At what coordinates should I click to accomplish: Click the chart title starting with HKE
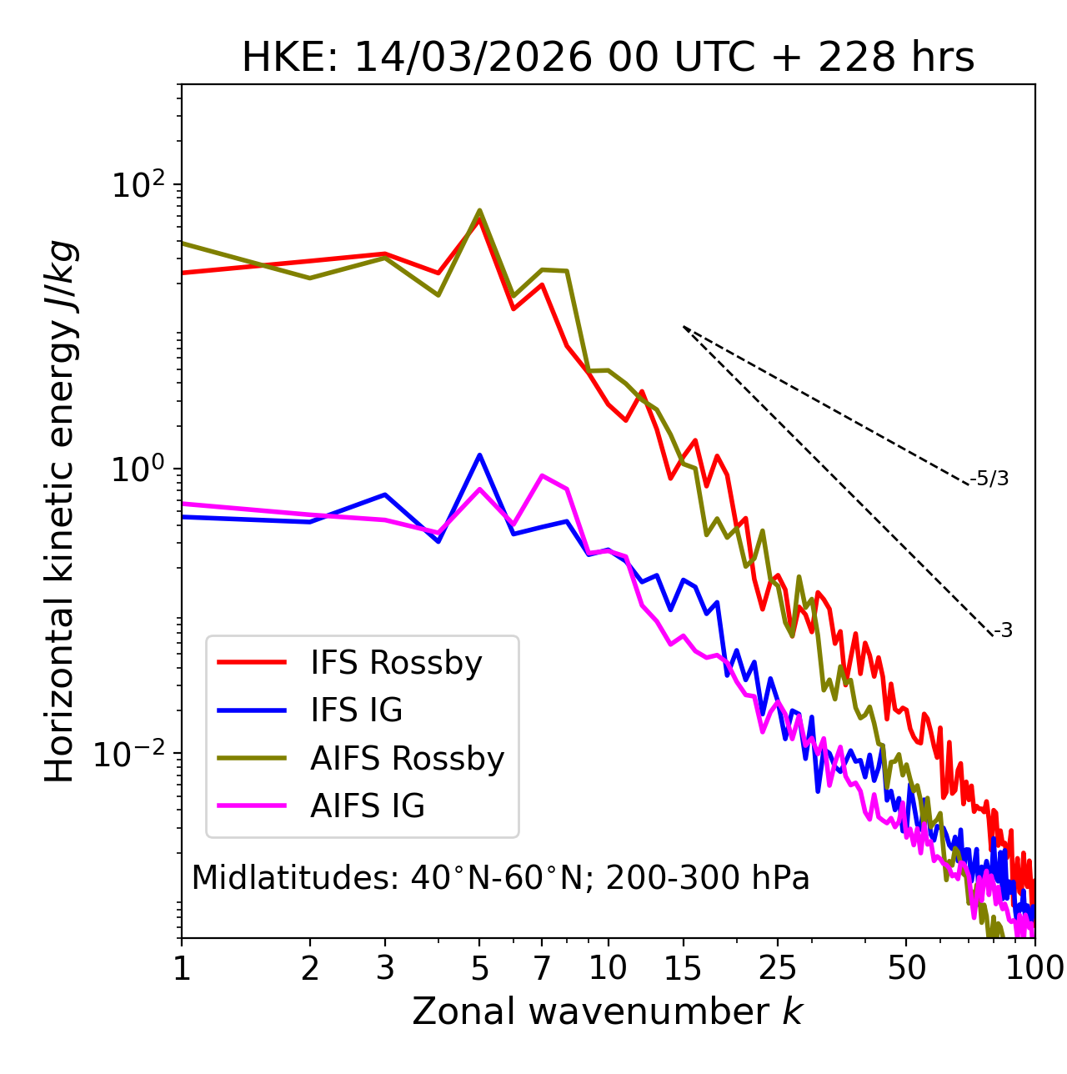608,58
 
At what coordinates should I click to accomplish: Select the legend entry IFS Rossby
396,663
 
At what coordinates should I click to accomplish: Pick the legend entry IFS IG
356,710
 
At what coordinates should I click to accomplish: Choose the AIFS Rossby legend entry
407,759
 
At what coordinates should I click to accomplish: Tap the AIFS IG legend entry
368,806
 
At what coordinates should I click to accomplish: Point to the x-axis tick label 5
479,968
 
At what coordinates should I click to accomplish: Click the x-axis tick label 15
683,968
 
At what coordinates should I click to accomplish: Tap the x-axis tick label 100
1034,968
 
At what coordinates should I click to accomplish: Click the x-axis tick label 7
542,968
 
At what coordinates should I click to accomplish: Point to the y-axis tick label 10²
138,185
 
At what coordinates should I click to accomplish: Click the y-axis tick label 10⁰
138,469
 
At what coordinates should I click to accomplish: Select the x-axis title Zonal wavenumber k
608,1012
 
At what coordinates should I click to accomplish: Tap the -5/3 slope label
989,479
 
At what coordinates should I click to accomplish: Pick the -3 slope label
1003,631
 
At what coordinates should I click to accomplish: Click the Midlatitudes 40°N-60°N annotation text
500,878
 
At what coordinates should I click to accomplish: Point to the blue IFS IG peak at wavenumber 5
479,455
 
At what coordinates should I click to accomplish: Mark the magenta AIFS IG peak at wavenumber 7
542,476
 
